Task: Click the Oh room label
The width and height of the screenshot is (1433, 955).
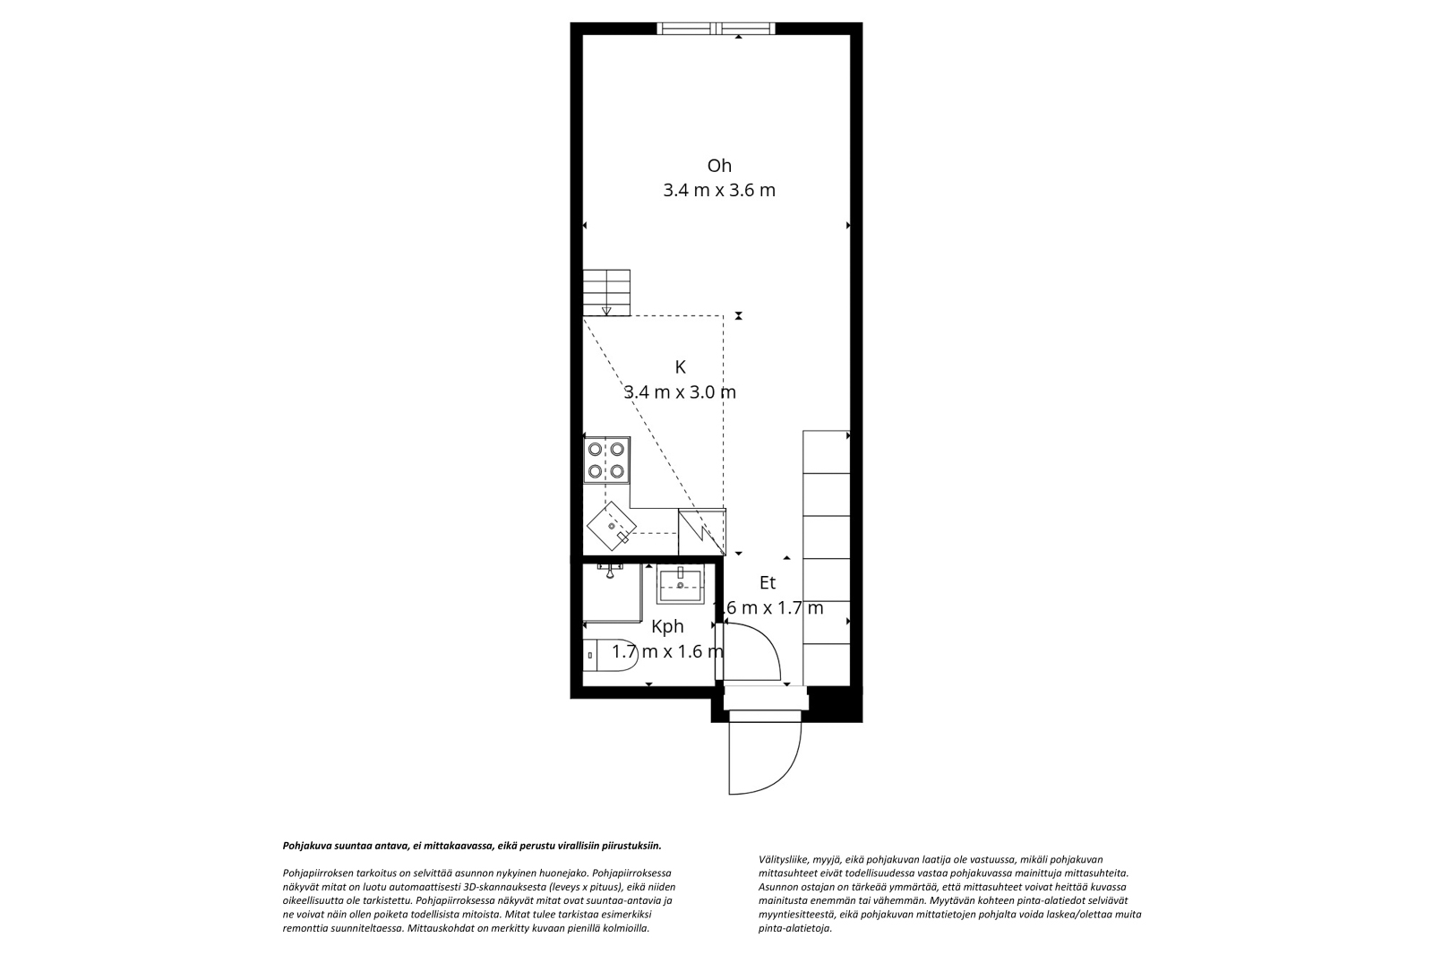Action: click(x=719, y=166)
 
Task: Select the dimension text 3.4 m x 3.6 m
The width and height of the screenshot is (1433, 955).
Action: click(x=719, y=191)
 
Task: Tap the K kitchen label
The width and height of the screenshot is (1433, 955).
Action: click(x=680, y=367)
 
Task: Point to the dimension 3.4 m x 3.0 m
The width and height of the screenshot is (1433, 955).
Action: click(x=680, y=391)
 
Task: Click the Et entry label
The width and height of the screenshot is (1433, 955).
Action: click(x=767, y=583)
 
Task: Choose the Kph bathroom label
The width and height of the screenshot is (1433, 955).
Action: click(x=667, y=626)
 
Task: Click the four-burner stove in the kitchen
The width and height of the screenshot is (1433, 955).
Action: click(x=606, y=460)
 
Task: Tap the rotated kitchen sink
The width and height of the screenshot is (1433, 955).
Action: click(x=612, y=526)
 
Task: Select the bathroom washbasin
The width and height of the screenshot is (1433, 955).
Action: click(x=680, y=584)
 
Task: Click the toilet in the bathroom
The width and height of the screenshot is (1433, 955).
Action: click(x=610, y=655)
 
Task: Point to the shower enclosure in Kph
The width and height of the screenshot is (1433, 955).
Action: click(x=613, y=592)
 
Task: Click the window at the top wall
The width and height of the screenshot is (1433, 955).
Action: click(x=716, y=28)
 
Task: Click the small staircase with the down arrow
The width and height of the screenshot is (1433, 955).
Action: click(x=606, y=293)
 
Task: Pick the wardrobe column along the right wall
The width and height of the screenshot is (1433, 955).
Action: click(x=827, y=558)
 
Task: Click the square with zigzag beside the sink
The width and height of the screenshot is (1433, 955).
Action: click(x=702, y=531)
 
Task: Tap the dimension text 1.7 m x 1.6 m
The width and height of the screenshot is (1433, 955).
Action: click(x=667, y=651)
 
